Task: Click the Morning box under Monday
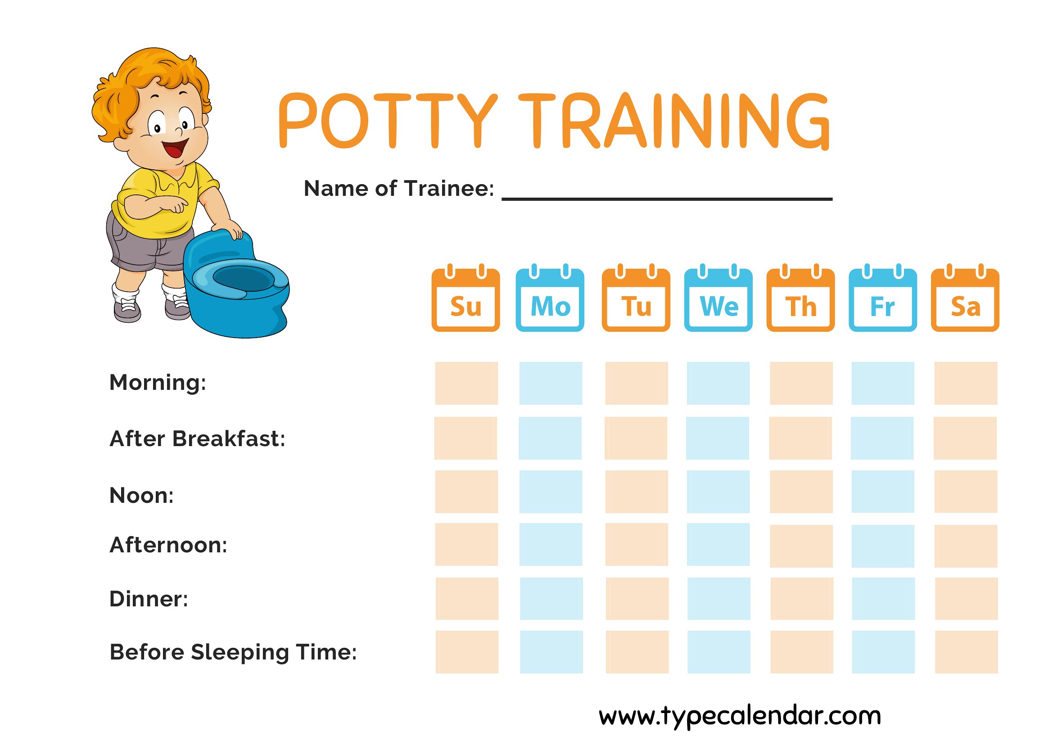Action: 551,383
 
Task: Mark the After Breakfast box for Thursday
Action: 800,438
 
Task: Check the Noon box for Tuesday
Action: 637,491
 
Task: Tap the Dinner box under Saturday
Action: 966,599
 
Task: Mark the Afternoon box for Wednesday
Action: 718,545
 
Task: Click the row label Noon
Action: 142,496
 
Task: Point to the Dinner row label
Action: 149,599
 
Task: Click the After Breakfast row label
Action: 197,438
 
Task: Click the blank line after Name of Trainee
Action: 667,199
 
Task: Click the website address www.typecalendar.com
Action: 740,716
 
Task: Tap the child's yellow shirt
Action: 161,202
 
